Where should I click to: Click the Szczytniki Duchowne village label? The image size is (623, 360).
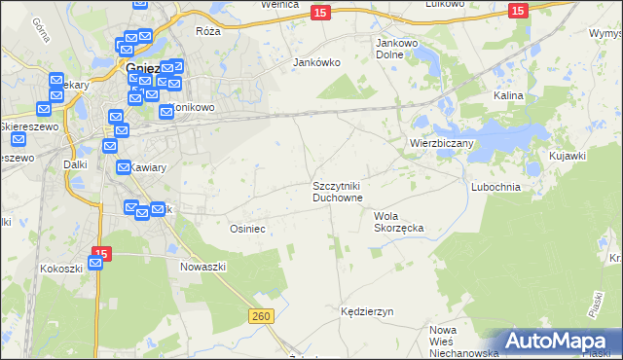(338, 191)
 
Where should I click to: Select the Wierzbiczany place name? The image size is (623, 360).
(441, 143)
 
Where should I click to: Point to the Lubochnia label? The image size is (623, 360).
(496, 186)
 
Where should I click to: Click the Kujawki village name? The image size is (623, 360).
(567, 156)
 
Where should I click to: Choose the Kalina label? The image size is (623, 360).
(508, 96)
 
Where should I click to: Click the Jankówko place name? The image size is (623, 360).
(316, 62)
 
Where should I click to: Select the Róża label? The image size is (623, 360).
(208, 31)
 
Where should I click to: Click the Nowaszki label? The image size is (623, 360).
(203, 266)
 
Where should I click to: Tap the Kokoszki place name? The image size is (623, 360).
(61, 268)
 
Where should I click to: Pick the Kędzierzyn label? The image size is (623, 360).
(366, 312)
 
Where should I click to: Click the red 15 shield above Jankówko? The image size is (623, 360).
(320, 11)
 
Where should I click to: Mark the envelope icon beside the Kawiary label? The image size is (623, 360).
(124, 167)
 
